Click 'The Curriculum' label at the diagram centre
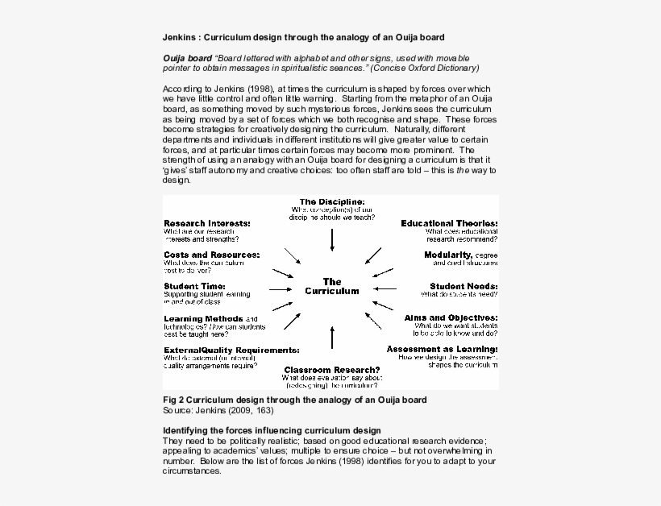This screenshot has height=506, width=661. (332, 287)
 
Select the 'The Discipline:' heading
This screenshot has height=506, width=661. (332, 201)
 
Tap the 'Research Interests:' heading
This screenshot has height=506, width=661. (207, 223)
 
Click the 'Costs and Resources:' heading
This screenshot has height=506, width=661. (211, 255)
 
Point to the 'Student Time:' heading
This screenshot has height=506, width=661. (194, 286)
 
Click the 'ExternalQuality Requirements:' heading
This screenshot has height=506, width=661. (231, 350)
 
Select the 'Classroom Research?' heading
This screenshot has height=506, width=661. (332, 369)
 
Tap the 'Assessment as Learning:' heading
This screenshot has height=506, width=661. (442, 349)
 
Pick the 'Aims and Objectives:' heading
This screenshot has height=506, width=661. (451, 317)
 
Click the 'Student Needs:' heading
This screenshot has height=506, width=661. (464, 286)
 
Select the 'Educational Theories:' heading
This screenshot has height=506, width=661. (449, 223)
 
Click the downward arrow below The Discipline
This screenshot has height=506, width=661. (332, 240)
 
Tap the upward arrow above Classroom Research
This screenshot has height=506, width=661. (332, 339)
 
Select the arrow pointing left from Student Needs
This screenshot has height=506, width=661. (386, 288)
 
